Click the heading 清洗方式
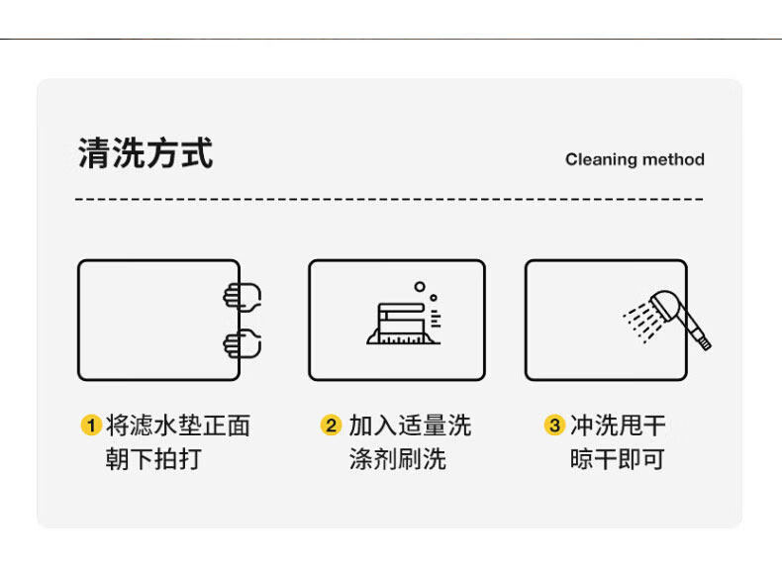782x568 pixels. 145,153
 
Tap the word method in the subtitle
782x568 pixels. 673,159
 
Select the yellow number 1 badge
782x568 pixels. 90,426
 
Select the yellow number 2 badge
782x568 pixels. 331,426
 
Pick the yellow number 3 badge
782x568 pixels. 553,426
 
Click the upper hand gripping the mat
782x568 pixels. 242,296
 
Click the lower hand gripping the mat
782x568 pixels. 242,344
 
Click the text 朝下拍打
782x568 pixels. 152,460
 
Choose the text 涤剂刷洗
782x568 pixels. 397,460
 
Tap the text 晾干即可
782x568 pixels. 617,460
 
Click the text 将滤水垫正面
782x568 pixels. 177,426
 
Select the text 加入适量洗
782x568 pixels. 409,426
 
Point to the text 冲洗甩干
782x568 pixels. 617,426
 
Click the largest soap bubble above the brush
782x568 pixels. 420,287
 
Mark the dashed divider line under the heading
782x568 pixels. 389,199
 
